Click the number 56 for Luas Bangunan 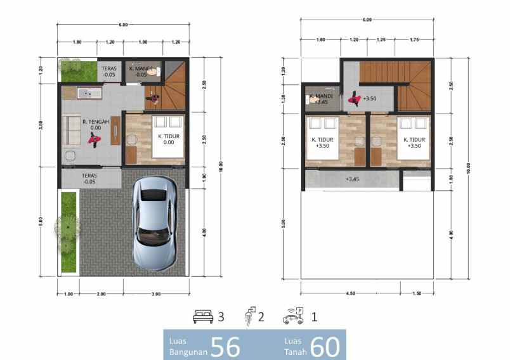coord(225,347)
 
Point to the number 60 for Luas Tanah coord(325,347)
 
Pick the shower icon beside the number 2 coord(250,316)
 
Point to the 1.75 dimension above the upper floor coord(415,41)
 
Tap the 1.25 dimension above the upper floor coord(381,41)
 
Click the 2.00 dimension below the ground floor coord(101,293)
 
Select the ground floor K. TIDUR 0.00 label coord(168,139)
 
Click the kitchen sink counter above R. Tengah coord(89,93)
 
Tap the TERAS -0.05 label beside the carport coord(89,178)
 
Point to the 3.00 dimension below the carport coord(156,293)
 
